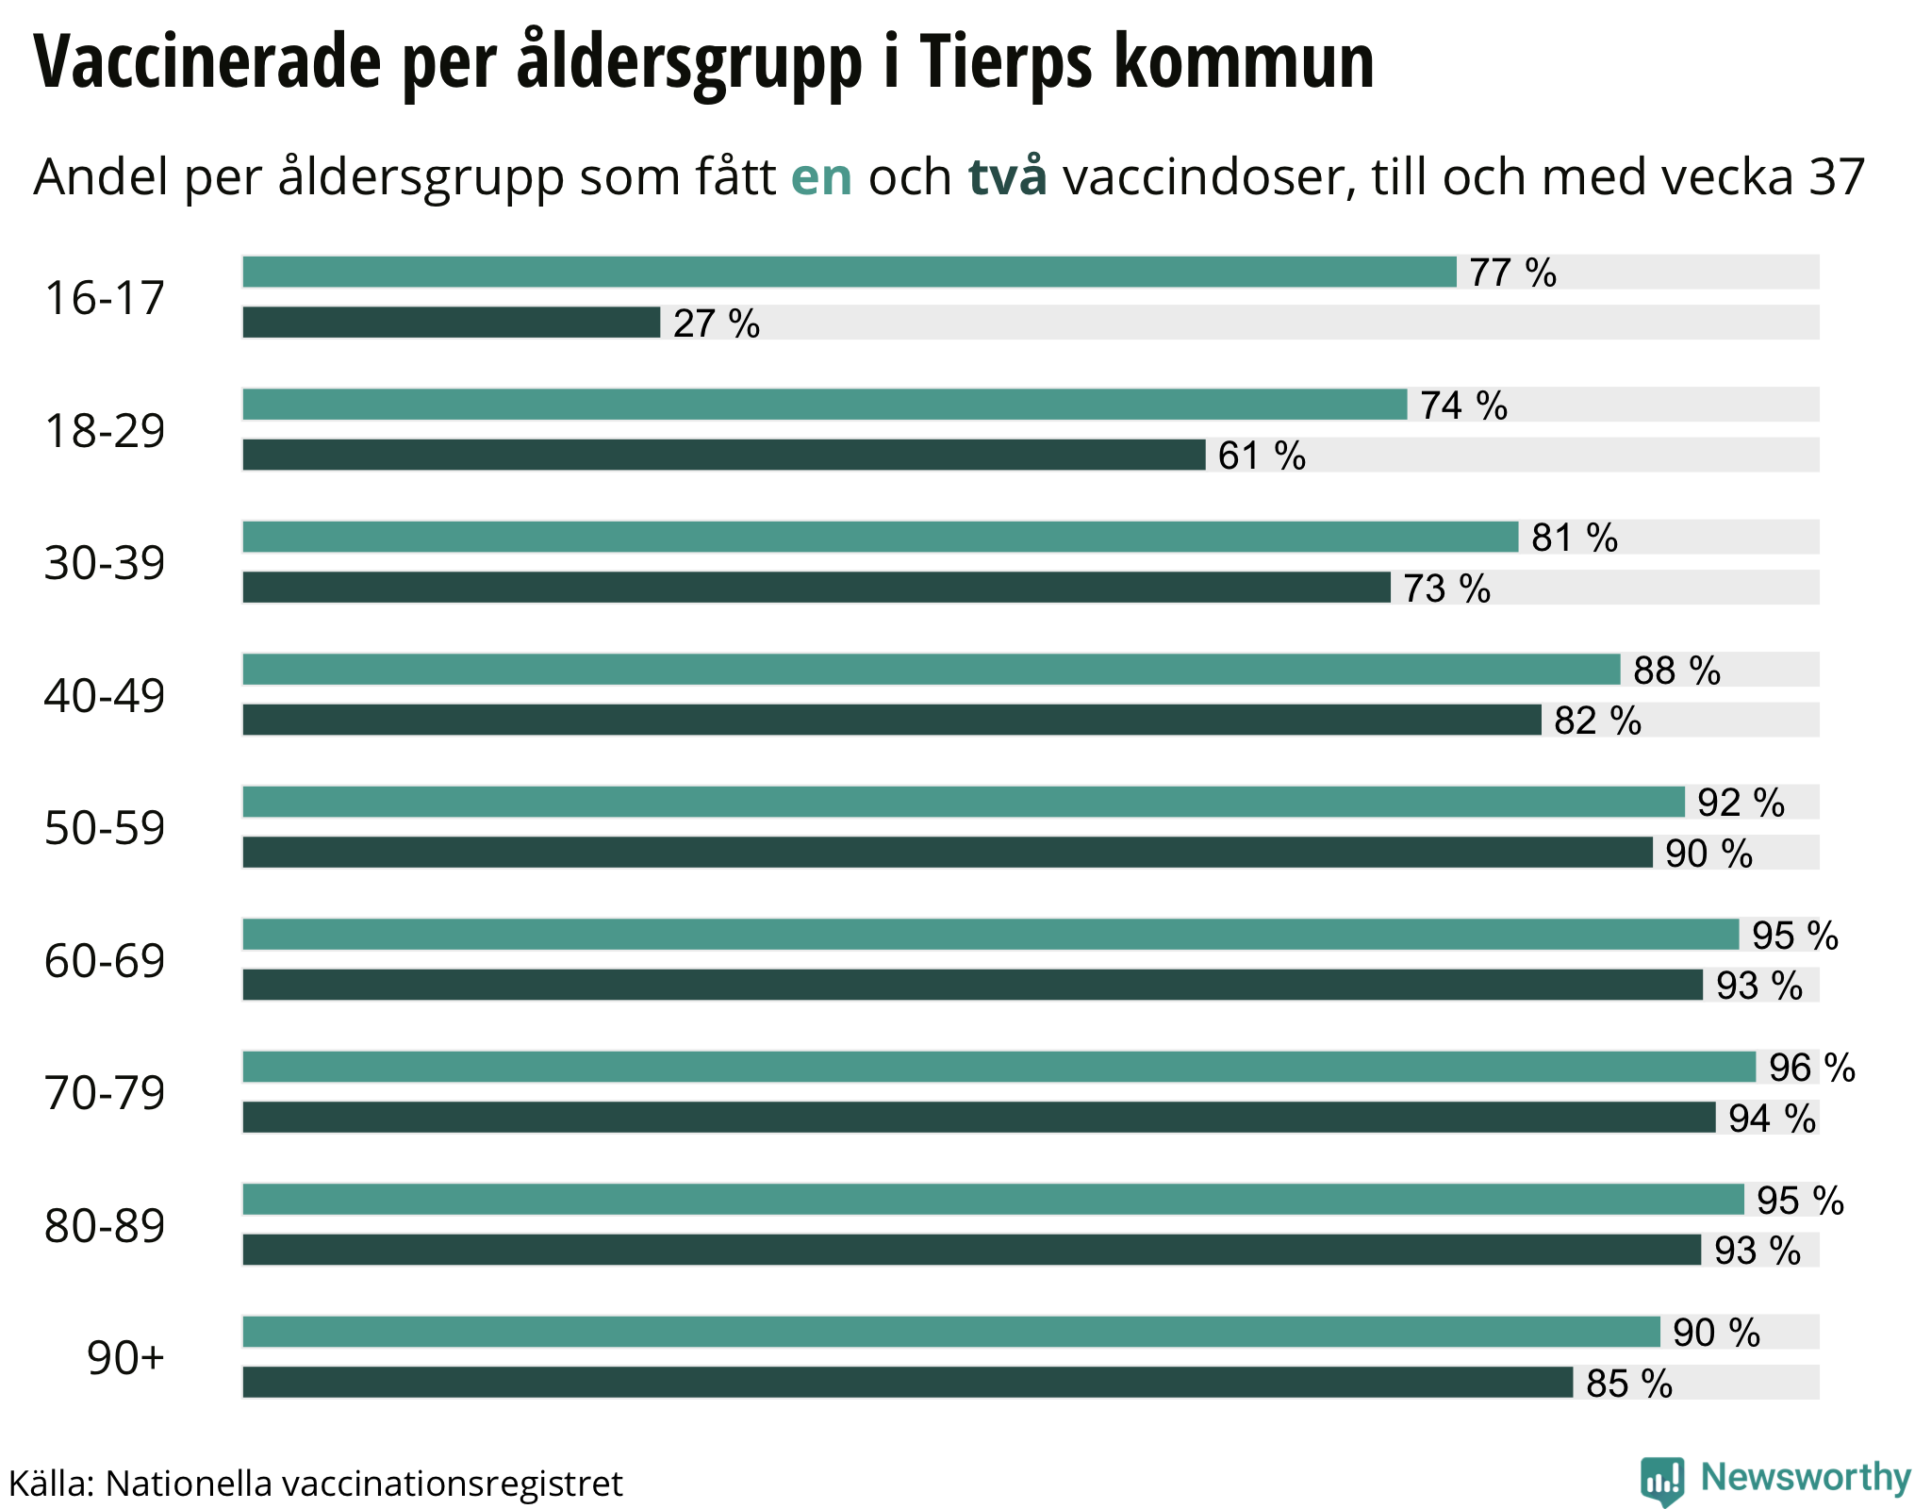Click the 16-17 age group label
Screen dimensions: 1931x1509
[x=105, y=298]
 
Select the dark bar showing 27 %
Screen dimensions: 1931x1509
[x=452, y=323]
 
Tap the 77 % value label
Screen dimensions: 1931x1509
[x=1512, y=273]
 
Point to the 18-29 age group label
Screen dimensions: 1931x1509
[x=105, y=431]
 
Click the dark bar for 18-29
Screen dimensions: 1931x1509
[x=724, y=455]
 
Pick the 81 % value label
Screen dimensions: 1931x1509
[x=1575, y=538]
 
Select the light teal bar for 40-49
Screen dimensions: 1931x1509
[x=932, y=670]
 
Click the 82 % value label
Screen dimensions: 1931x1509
[x=1597, y=721]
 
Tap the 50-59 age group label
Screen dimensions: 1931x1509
[x=105, y=828]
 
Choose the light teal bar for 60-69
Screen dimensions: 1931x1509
[x=991, y=935]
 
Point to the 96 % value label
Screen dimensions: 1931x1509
[x=1811, y=1068]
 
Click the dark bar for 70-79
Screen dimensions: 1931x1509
[x=979, y=1118]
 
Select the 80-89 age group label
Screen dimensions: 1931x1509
[x=105, y=1226]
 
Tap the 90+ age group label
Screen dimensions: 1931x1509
[x=125, y=1358]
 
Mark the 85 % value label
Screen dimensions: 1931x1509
[x=1629, y=1384]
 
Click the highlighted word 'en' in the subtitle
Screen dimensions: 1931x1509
[x=821, y=176]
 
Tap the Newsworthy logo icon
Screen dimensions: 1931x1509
[x=1661, y=1481]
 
